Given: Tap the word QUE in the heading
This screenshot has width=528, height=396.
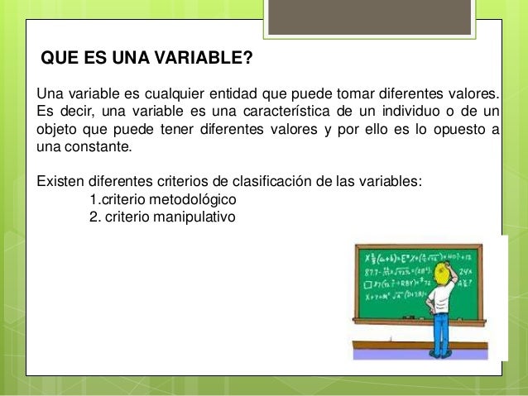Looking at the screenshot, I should (57, 60).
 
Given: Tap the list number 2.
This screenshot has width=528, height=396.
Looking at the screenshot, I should (93, 217).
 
